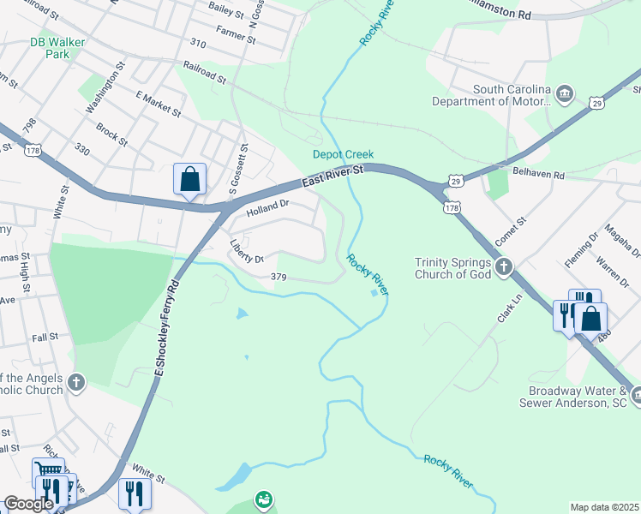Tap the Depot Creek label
click(x=338, y=154)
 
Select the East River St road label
click(x=333, y=176)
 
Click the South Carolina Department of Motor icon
click(x=564, y=93)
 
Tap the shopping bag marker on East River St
click(x=189, y=180)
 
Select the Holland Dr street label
click(x=268, y=207)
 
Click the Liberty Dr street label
click(x=246, y=251)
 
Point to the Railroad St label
click(x=204, y=72)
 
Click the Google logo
click(x=28, y=505)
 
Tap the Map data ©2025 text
click(x=604, y=507)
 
